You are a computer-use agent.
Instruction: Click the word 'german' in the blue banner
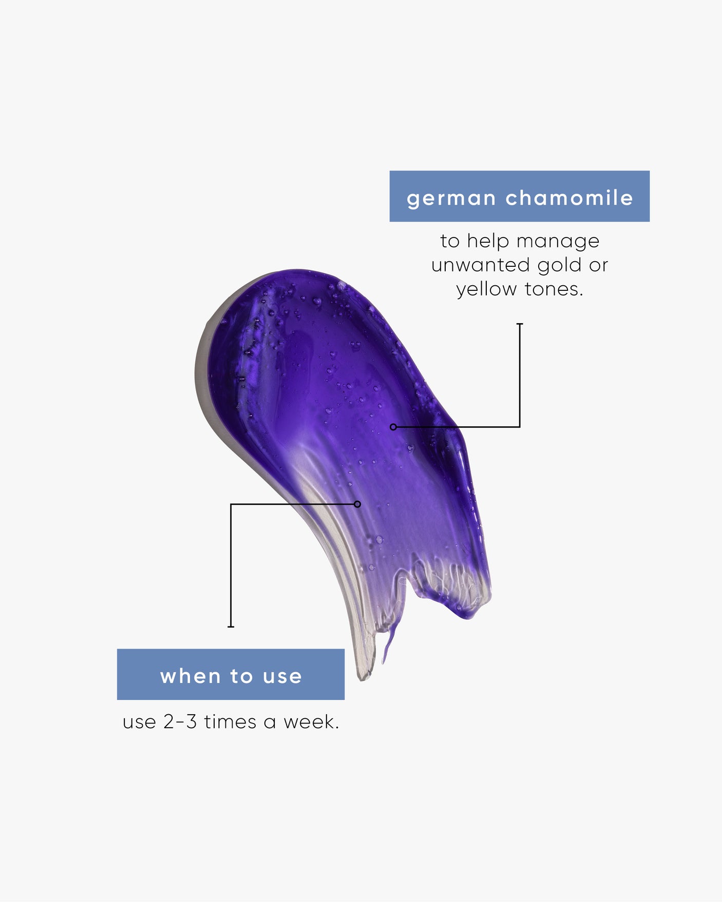pyautogui.click(x=451, y=199)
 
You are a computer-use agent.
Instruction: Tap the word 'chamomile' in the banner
pyautogui.click(x=569, y=198)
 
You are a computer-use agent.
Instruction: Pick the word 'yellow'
pyautogui.click(x=486, y=290)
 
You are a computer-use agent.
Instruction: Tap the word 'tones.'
pyautogui.click(x=554, y=289)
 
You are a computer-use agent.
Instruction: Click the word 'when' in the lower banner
pyautogui.click(x=192, y=676)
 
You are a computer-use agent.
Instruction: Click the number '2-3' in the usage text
pyautogui.click(x=180, y=722)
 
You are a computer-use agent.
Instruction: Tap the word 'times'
pyautogui.click(x=230, y=722)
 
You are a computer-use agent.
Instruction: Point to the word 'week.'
pyautogui.click(x=311, y=722)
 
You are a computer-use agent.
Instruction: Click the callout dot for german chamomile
pyautogui.click(x=393, y=427)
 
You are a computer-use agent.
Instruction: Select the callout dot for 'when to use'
pyautogui.click(x=357, y=504)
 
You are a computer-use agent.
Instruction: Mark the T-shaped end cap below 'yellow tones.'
pyautogui.click(x=520, y=324)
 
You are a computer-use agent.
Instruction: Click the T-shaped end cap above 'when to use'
pyautogui.click(x=231, y=626)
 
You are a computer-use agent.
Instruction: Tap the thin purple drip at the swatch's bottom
pyautogui.click(x=389, y=641)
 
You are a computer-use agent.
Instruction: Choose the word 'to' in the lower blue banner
pyautogui.click(x=241, y=677)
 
